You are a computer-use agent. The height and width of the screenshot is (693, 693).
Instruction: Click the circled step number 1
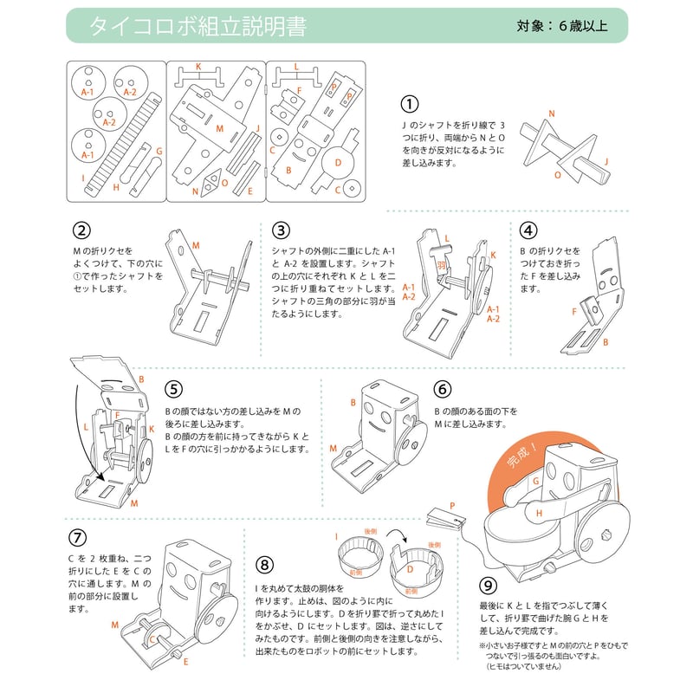409,104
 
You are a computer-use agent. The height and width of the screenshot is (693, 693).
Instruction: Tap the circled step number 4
528,230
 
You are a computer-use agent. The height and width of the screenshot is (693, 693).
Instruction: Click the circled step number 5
173,389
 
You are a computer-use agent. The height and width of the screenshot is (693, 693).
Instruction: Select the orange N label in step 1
551,114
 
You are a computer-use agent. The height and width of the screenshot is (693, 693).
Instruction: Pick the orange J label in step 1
606,161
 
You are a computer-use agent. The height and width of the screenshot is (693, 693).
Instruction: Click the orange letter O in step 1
557,174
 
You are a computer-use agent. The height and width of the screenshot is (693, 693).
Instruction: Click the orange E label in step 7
186,661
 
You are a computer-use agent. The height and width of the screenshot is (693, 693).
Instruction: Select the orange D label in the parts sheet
339,161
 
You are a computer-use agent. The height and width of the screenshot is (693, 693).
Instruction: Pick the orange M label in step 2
196,246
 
